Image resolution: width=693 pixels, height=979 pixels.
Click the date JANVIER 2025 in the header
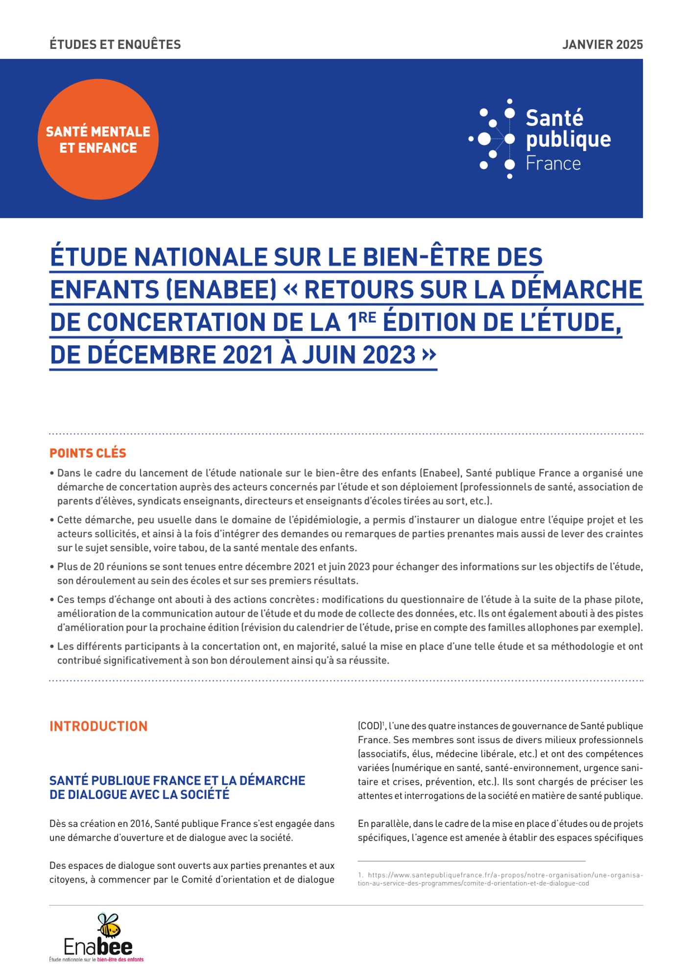click(x=602, y=45)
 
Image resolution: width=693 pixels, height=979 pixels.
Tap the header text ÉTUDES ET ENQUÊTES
click(x=115, y=45)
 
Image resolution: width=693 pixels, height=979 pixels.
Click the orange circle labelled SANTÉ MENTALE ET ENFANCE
click(x=98, y=140)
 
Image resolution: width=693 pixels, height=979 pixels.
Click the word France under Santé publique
click(x=553, y=163)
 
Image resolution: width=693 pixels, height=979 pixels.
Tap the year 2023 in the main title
click(x=389, y=354)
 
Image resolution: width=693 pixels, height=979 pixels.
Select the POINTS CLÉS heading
click(x=88, y=453)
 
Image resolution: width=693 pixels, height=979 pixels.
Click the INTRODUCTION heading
click(x=98, y=726)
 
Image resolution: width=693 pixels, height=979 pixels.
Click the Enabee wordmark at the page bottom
click(x=98, y=947)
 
